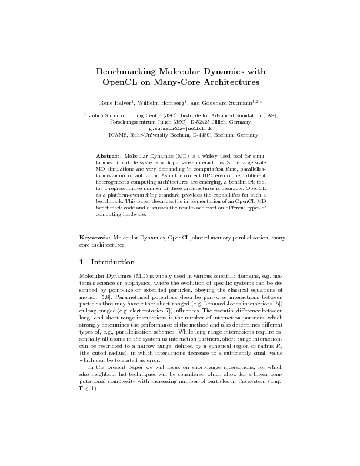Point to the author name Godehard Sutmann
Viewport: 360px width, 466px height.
228,102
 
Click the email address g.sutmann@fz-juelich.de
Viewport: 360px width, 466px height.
181,128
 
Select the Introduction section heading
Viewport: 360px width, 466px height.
113,262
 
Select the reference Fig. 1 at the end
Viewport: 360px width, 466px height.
86,372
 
